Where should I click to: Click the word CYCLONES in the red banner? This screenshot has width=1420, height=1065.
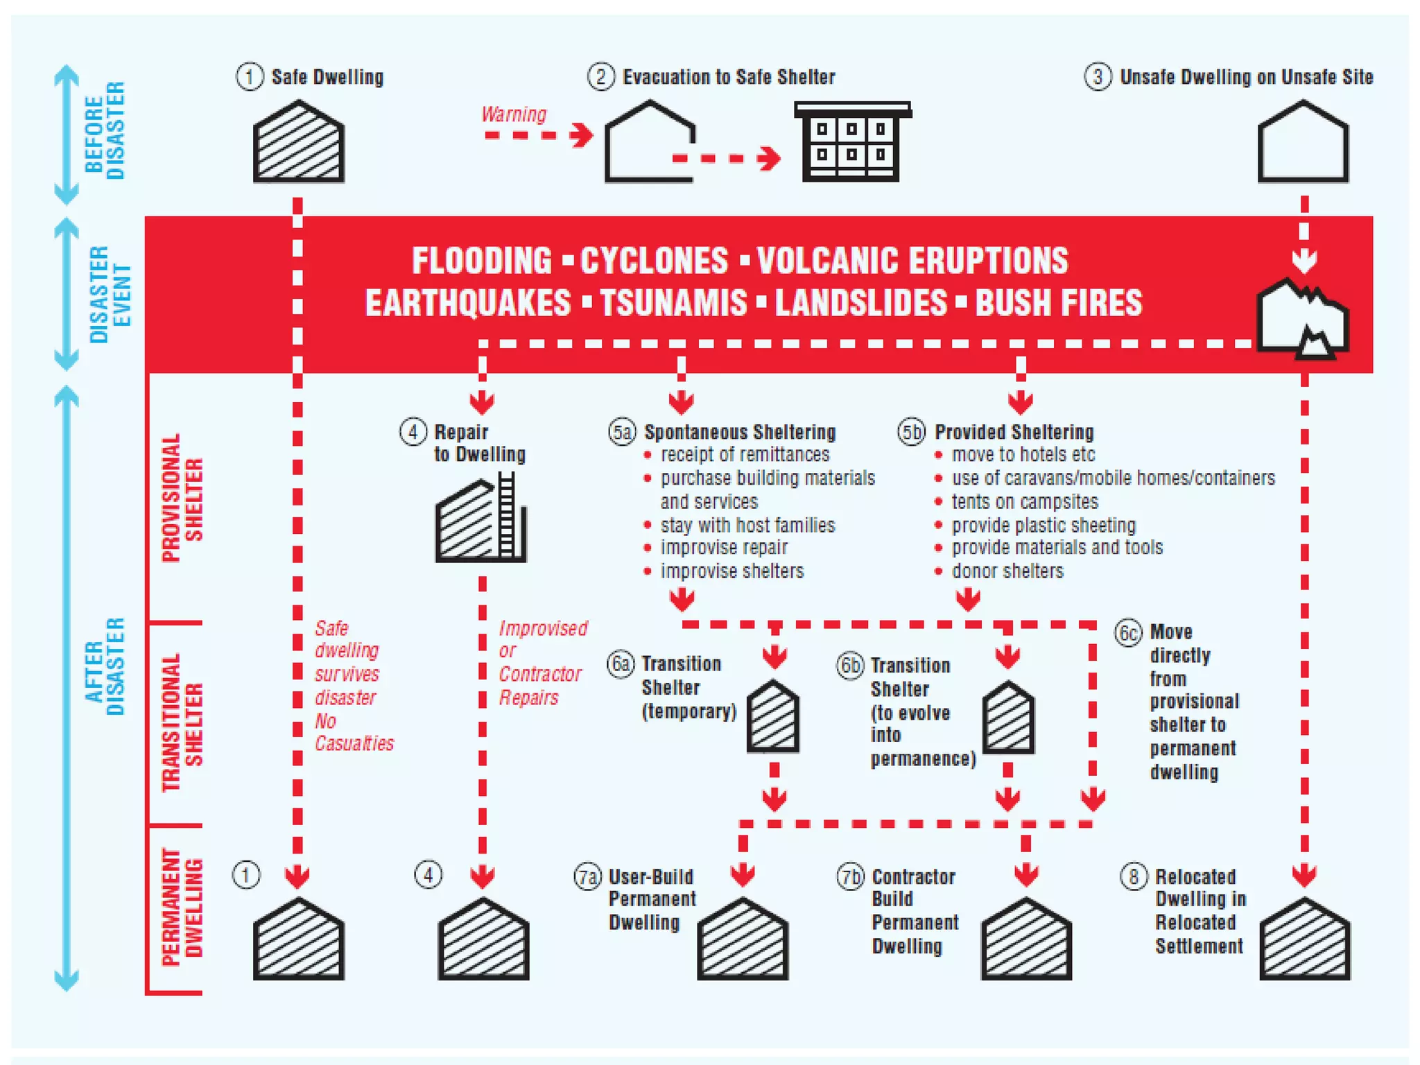click(x=654, y=261)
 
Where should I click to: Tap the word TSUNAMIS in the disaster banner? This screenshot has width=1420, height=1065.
click(x=673, y=303)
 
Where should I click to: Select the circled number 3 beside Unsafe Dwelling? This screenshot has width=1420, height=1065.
click(x=1098, y=76)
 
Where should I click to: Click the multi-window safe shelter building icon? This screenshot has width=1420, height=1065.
click(x=851, y=142)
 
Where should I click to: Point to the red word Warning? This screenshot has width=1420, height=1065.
click(x=514, y=114)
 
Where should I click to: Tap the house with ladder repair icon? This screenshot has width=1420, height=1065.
click(x=481, y=519)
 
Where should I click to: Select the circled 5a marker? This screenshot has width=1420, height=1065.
click(x=621, y=432)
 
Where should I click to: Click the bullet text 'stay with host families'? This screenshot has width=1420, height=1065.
click(x=747, y=525)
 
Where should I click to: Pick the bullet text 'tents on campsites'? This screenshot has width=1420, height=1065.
click(x=1024, y=501)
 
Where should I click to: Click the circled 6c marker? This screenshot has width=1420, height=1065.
click(x=1128, y=632)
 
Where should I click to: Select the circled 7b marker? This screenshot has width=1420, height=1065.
click(x=850, y=876)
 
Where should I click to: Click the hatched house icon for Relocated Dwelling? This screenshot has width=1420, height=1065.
click(x=1304, y=939)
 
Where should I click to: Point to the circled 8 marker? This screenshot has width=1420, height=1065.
click(x=1134, y=876)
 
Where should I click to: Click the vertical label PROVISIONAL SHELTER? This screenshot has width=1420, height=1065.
click(x=182, y=498)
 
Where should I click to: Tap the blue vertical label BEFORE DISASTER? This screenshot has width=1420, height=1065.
click(x=105, y=130)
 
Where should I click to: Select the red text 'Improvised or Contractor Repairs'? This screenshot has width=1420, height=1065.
click(x=542, y=662)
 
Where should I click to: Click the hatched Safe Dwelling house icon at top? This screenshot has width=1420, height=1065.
click(x=298, y=142)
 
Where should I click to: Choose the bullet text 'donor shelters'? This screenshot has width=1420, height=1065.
click(x=1007, y=571)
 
